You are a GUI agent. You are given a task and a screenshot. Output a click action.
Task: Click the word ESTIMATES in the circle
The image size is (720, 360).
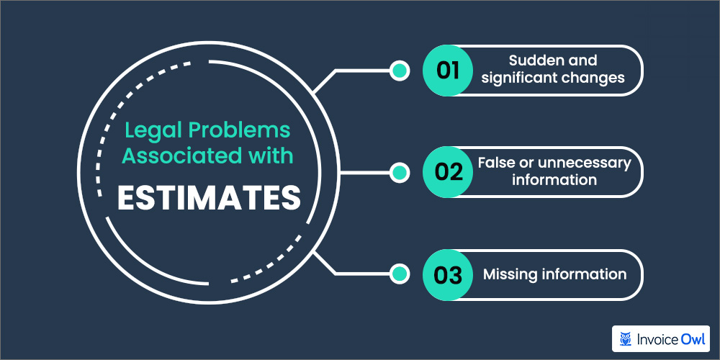coord(208,199)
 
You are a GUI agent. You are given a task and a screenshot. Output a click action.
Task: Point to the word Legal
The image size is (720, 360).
coord(150,132)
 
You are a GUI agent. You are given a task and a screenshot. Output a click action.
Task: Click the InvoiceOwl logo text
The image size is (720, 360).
coord(670,338)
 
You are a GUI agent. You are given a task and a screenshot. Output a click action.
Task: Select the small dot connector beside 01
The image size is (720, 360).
coord(398,70)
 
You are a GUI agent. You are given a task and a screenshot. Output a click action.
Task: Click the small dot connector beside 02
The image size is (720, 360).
coord(398,172)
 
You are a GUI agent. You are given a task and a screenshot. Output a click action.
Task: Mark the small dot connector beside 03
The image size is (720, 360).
coord(398,274)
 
